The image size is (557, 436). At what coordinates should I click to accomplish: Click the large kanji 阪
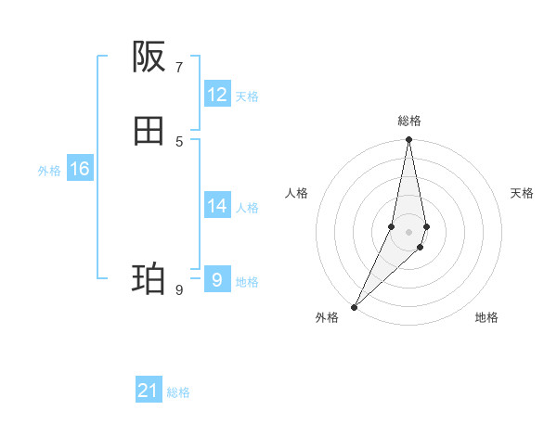coord(149,58)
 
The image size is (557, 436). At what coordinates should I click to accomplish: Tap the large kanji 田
coord(149,132)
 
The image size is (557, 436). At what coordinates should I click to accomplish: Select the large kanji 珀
coord(149,278)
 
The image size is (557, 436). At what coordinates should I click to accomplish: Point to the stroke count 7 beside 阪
coord(179,67)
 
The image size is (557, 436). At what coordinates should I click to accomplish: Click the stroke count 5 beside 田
coord(179,141)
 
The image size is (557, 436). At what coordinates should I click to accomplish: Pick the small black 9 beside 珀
coord(179,289)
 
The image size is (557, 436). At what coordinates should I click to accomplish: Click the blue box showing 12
coord(217,95)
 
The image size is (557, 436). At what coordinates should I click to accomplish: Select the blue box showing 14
coord(217,206)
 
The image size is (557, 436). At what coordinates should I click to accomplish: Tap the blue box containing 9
coord(217,279)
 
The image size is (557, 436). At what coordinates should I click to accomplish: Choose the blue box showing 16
coord(80,169)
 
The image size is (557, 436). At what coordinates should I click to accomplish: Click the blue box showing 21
coord(149,391)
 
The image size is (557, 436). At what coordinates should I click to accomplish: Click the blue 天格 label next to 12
coord(247,96)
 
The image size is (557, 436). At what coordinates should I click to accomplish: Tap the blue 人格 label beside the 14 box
coord(247,208)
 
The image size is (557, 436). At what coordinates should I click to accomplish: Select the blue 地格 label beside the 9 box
coord(247,282)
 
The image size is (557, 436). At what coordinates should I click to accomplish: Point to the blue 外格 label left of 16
coord(49,171)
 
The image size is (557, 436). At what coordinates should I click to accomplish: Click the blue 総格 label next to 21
coord(178,393)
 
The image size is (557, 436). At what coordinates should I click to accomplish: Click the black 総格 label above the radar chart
coord(408,121)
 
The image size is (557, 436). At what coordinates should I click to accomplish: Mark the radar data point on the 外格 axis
coord(354,306)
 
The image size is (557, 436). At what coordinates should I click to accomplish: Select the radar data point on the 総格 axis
coord(408,140)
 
